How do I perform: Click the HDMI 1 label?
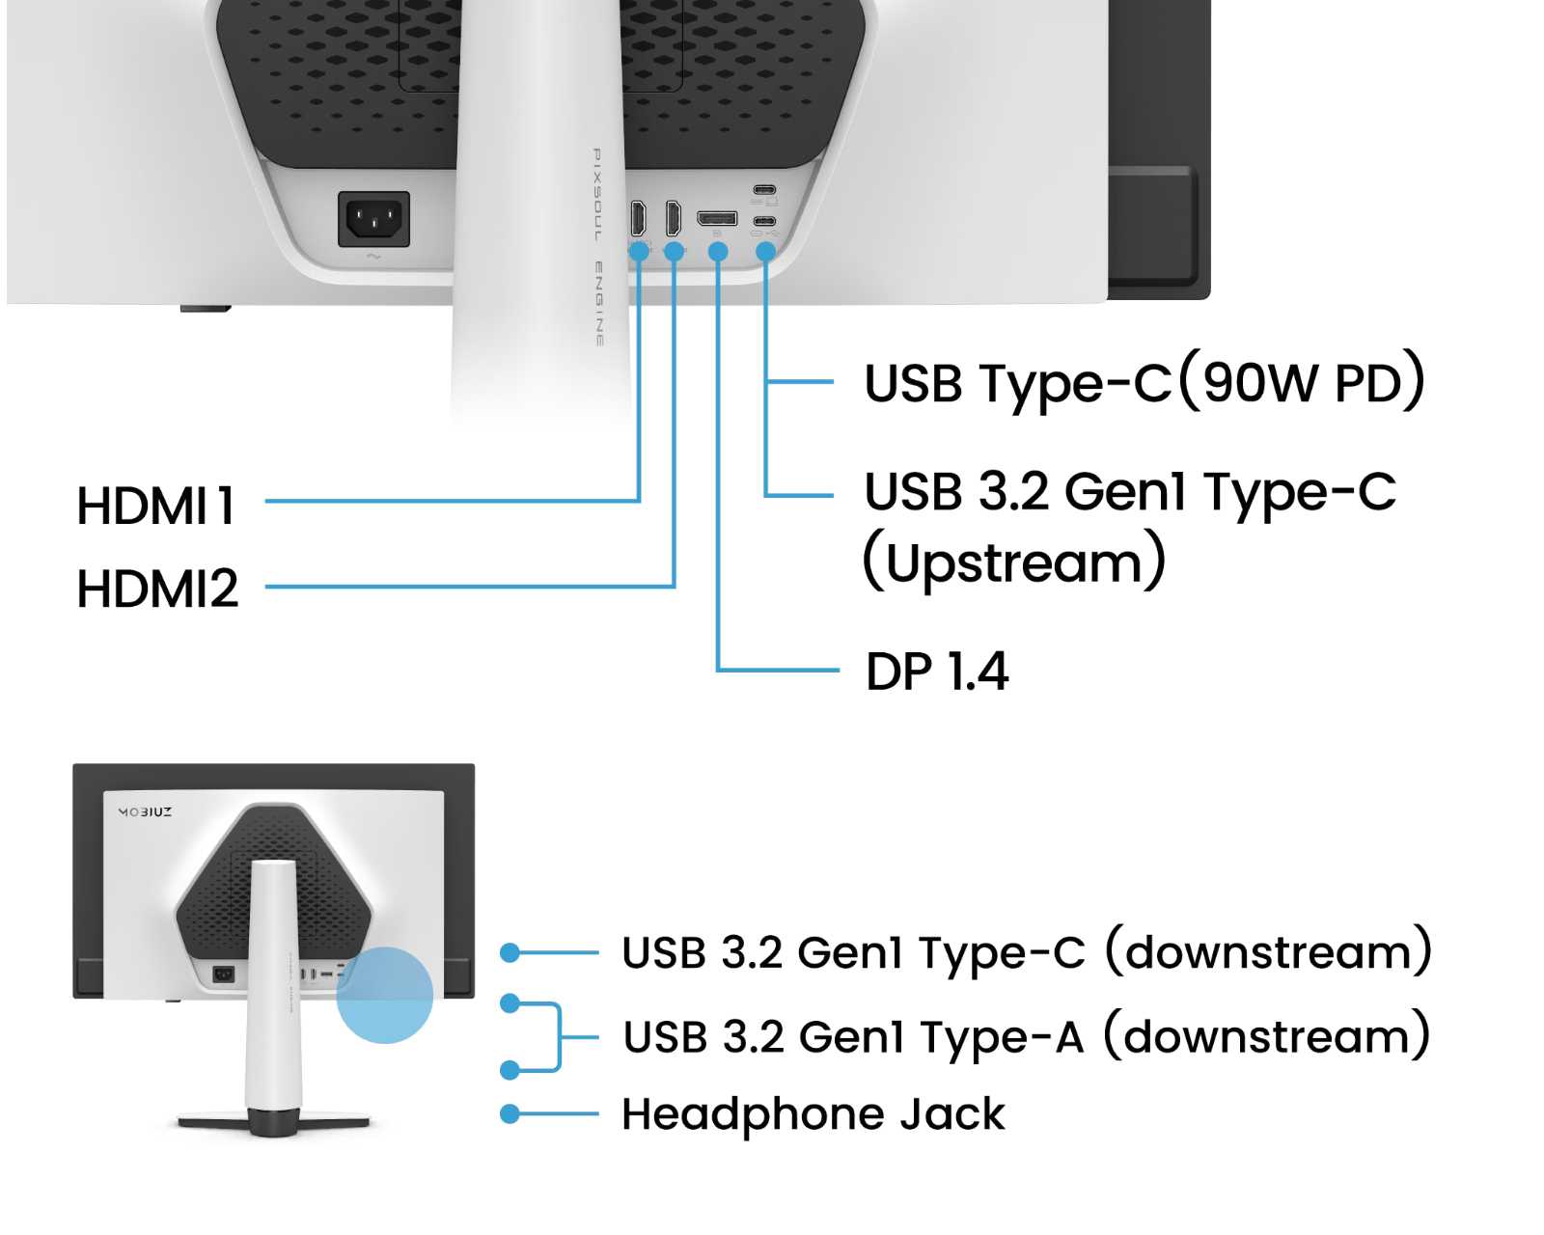coord(156,506)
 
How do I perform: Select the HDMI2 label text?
coord(157,589)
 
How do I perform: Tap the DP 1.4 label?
coord(936,672)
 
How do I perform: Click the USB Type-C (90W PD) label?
coord(1144,382)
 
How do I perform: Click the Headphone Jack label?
coord(813,1114)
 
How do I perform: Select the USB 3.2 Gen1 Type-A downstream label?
coord(1026,1037)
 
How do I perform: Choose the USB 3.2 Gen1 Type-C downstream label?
coord(1026,953)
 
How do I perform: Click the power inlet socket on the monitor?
coord(373,219)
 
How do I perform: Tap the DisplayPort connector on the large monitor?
coord(717,218)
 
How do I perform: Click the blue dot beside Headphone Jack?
coord(510,1114)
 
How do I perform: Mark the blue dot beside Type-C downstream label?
coord(510,953)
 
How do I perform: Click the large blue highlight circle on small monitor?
coord(384,995)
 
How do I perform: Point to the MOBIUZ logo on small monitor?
coord(146,812)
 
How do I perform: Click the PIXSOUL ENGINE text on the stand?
coord(598,247)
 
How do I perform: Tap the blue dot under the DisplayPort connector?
coord(717,251)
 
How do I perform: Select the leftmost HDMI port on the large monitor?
coord(638,218)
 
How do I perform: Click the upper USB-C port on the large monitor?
coord(764,189)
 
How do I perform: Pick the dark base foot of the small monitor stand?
coord(273,1122)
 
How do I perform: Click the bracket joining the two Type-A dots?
coord(559,1037)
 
